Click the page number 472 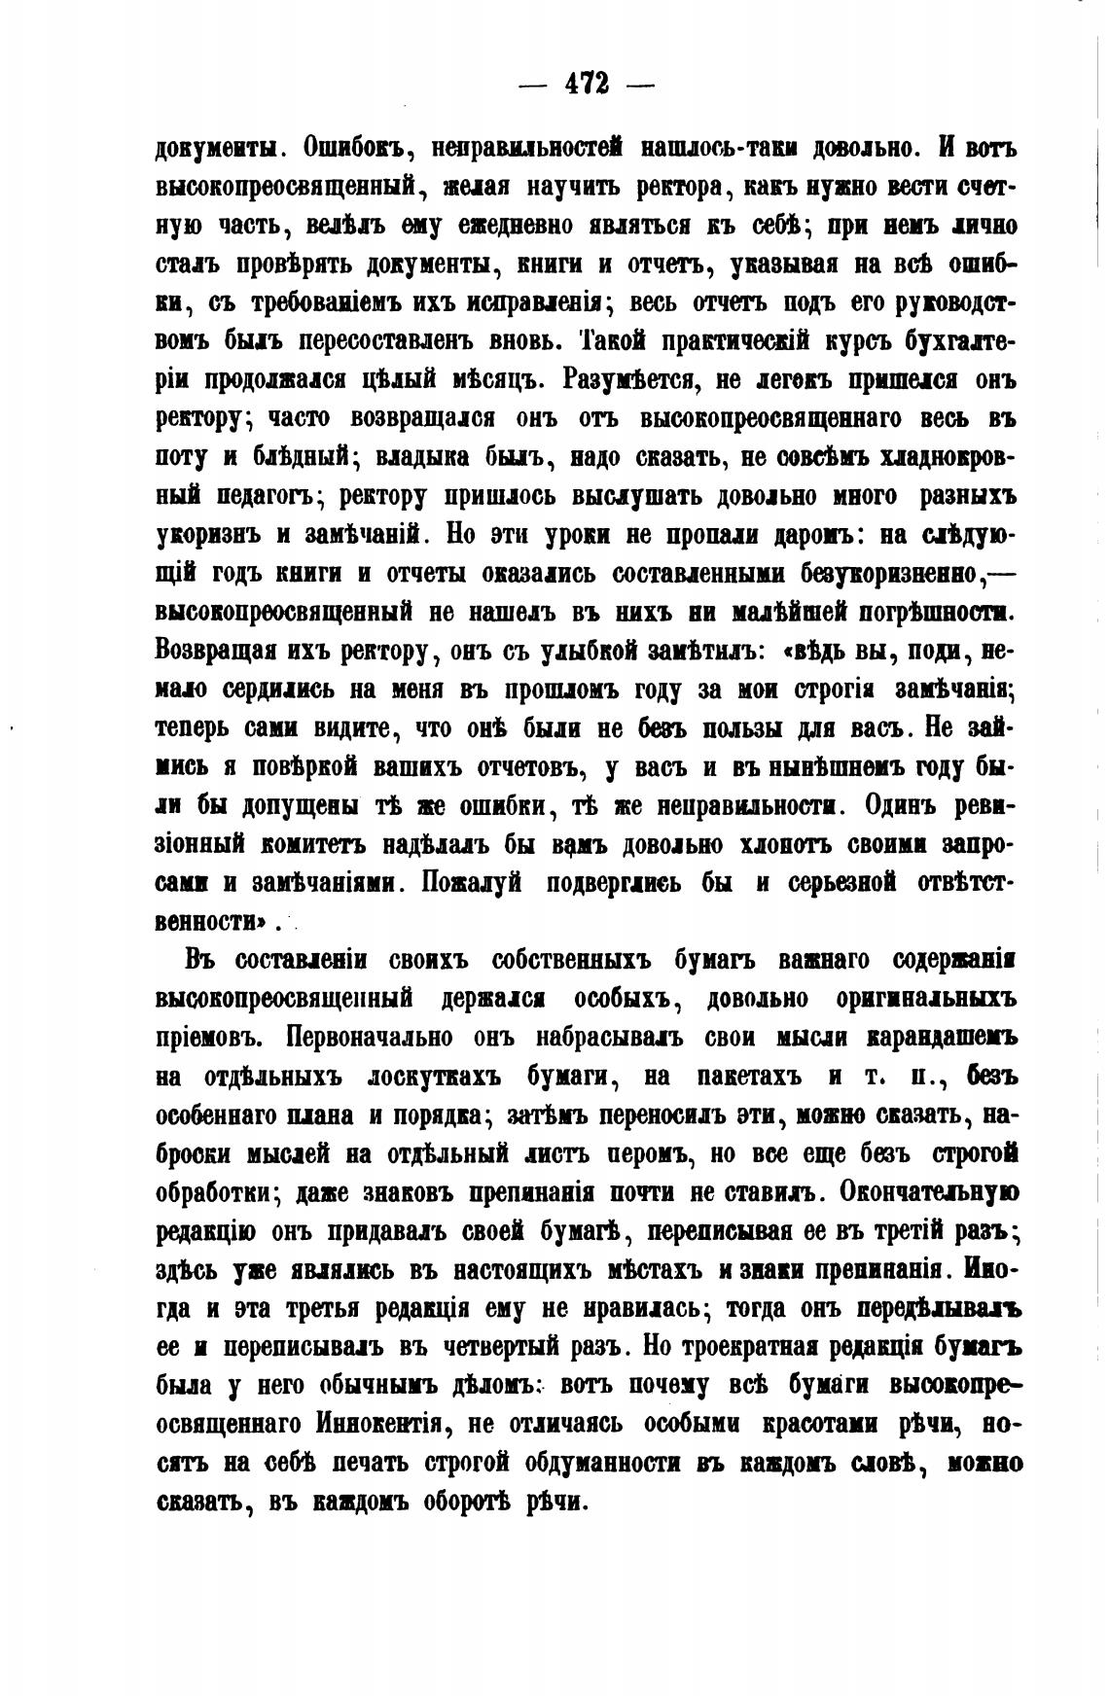pyautogui.click(x=587, y=85)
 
